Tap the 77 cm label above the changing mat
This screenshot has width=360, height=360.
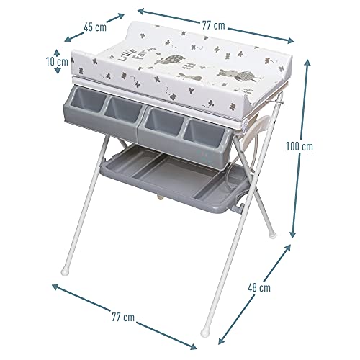(213, 26)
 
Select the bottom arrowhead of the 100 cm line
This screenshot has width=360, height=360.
(294, 237)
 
